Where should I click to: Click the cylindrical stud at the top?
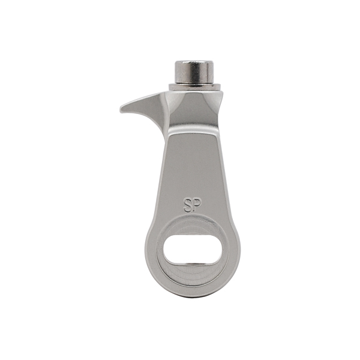194,72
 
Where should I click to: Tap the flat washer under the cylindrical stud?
194,87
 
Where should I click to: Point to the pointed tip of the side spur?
121,109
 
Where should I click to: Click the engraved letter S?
187,205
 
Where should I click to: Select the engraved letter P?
197,203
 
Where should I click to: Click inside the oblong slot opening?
193,250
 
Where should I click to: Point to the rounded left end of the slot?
166,250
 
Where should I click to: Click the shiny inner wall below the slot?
193,265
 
